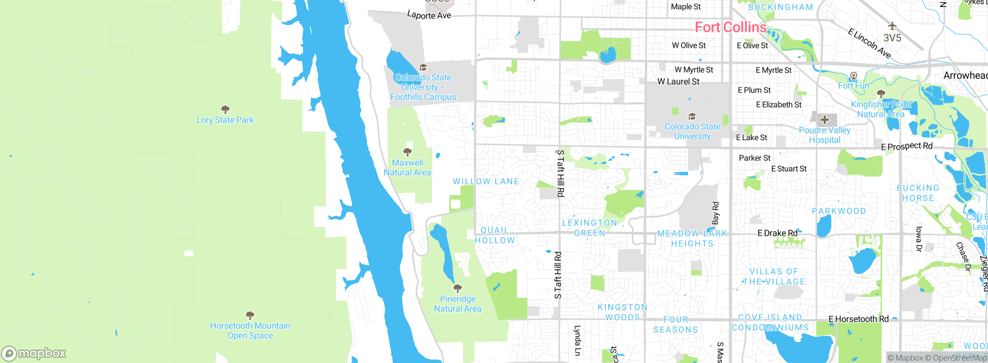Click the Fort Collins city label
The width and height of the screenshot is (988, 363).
pyautogui.click(x=730, y=27)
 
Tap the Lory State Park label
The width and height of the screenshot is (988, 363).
pyautogui.click(x=225, y=120)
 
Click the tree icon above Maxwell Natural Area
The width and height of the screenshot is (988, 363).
pyautogui.click(x=407, y=152)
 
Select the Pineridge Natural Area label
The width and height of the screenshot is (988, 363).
pyautogui.click(x=458, y=304)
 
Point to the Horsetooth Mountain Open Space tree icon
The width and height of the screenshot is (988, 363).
pyautogui.click(x=250, y=315)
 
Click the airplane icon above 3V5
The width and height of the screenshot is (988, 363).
pyautogui.click(x=892, y=26)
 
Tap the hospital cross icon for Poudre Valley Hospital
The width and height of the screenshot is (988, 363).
pyautogui.click(x=825, y=120)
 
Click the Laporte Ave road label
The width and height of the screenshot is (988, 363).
pyautogui.click(x=429, y=15)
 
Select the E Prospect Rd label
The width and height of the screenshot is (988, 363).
pyautogui.click(x=907, y=146)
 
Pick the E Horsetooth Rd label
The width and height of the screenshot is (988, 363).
pyautogui.click(x=858, y=319)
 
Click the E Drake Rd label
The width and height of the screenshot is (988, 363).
pyautogui.click(x=777, y=233)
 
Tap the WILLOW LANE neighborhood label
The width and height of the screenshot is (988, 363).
pyautogui.click(x=486, y=181)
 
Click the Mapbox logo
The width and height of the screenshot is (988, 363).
pyautogui.click(x=34, y=353)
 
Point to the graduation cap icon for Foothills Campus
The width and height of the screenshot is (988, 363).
pyautogui.click(x=423, y=68)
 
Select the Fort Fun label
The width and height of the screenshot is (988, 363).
pyautogui.click(x=853, y=86)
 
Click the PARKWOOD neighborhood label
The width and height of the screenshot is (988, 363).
pyautogui.click(x=839, y=211)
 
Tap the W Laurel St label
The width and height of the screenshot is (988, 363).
pyautogui.click(x=678, y=82)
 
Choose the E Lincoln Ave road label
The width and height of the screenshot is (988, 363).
pyautogui.click(x=869, y=44)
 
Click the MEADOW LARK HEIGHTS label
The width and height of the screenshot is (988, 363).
pyautogui.click(x=692, y=239)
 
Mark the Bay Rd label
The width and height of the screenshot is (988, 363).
pyautogui.click(x=715, y=213)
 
